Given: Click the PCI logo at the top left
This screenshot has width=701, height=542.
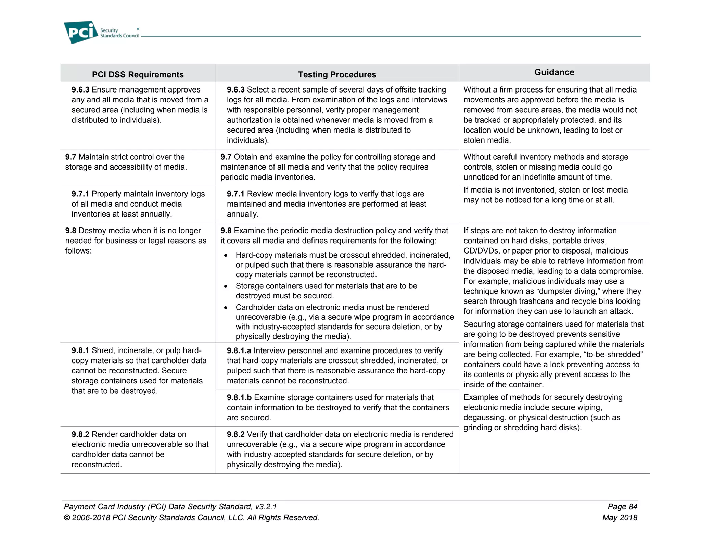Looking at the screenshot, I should [81, 33].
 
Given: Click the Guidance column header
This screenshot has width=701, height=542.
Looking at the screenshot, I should [554, 72].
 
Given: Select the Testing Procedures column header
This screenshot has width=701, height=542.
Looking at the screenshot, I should [337, 75].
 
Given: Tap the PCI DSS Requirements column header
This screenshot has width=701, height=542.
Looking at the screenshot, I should [138, 75].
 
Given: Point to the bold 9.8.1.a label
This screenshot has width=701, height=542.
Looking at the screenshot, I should [239, 351].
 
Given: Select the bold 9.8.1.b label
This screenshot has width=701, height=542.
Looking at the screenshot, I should [239, 398].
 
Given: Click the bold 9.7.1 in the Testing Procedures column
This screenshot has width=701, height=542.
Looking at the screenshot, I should [235, 194].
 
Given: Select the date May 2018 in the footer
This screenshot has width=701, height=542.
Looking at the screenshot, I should [620, 518].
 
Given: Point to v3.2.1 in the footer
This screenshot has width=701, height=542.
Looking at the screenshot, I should [266, 507].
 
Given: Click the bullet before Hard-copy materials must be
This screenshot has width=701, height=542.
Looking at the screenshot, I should [226, 256].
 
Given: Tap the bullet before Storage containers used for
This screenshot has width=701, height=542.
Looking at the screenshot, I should [226, 286].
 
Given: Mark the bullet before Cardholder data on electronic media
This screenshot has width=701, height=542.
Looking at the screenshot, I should [226, 308].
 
